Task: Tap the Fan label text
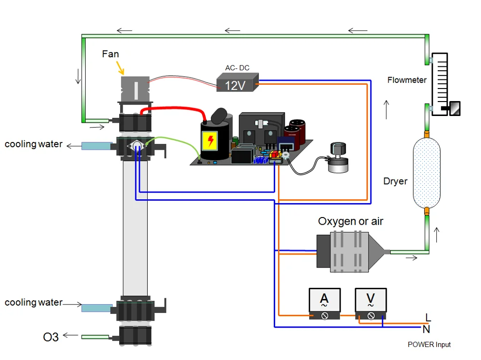point(110,54)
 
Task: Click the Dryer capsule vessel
point(427,173)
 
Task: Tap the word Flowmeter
point(407,80)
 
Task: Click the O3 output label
point(51,337)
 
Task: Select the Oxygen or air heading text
point(351,221)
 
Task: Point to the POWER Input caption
point(429,345)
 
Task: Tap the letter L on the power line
point(428,317)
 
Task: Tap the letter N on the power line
point(426,329)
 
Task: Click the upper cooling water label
point(33,144)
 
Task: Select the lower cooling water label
point(33,302)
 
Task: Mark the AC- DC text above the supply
point(237,68)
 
